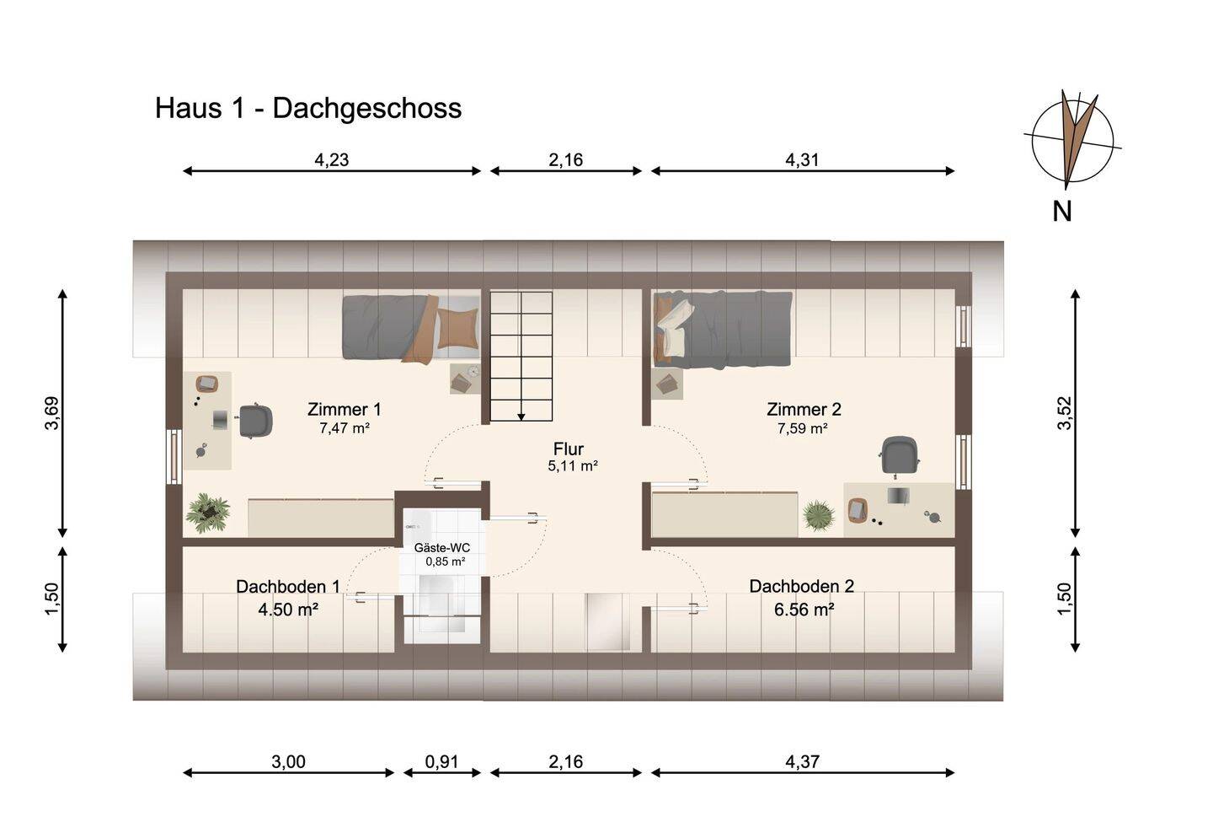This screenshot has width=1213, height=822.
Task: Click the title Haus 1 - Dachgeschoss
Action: click(x=308, y=109)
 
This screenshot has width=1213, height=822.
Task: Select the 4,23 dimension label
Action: click(x=331, y=160)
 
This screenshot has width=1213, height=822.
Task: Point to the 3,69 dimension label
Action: click(x=52, y=413)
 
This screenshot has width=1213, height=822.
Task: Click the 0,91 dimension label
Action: click(x=441, y=762)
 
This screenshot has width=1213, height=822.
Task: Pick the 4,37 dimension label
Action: click(x=802, y=762)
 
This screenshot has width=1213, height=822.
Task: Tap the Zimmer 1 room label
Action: click(x=344, y=409)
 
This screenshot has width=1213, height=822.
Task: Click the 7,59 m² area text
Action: click(x=802, y=428)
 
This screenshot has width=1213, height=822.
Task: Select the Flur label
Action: click(x=568, y=449)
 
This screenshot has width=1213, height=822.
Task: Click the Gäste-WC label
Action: click(x=442, y=548)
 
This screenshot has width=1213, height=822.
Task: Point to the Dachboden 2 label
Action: click(x=801, y=586)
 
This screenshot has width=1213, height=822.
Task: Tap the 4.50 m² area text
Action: click(x=287, y=610)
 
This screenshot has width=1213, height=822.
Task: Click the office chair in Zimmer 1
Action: click(x=254, y=421)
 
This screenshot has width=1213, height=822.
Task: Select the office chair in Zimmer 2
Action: click(x=899, y=456)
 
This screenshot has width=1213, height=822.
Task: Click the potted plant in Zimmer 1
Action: click(x=207, y=513)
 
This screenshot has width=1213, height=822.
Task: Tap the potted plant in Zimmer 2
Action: click(x=818, y=515)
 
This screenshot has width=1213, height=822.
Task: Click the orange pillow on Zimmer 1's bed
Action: click(x=458, y=328)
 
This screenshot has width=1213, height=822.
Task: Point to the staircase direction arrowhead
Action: click(x=521, y=416)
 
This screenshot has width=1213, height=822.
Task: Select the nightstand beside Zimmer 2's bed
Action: click(x=667, y=384)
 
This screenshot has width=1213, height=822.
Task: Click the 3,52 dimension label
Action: click(x=1064, y=413)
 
